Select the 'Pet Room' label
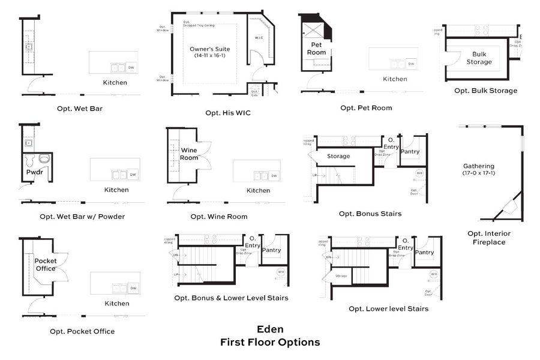(x=317, y=49)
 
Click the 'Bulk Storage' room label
(x=479, y=58)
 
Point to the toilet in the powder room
(x=43, y=160)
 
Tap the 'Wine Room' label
(x=189, y=154)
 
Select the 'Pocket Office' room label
(x=46, y=265)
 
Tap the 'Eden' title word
(x=270, y=329)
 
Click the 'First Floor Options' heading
(x=270, y=343)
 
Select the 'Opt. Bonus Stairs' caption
(x=370, y=214)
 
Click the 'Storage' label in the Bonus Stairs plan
(x=338, y=156)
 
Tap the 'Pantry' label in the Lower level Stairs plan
(x=425, y=253)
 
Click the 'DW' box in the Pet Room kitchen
(x=411, y=64)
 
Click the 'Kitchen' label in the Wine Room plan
(x=259, y=190)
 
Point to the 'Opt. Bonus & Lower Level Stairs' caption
(x=231, y=298)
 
